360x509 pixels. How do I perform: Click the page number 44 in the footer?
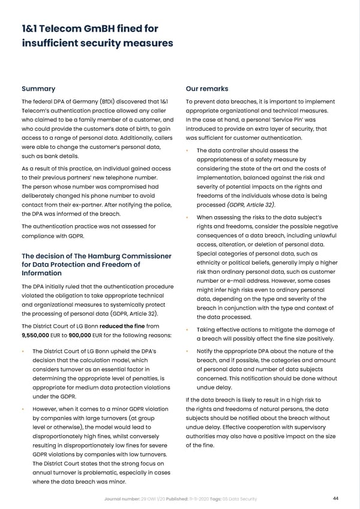(x=335, y=497)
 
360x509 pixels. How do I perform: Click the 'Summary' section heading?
(x=38, y=88)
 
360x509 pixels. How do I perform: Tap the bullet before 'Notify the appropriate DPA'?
(x=188, y=352)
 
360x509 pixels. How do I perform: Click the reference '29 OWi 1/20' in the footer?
(x=153, y=497)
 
